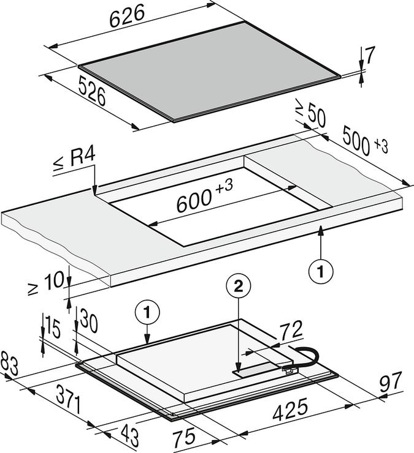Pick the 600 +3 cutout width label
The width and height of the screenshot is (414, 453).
(x=205, y=199)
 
